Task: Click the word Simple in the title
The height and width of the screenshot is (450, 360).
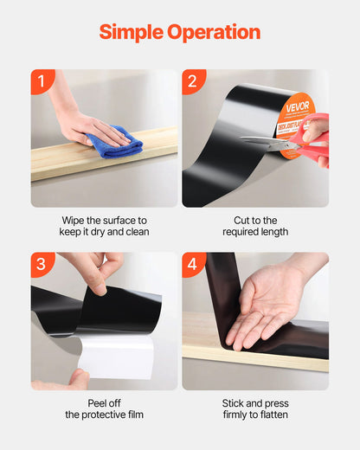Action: (x=131, y=32)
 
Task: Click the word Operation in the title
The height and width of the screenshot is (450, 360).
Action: (x=214, y=32)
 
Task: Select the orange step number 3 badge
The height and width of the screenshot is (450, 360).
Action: (x=42, y=264)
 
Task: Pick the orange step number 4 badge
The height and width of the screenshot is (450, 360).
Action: (x=193, y=264)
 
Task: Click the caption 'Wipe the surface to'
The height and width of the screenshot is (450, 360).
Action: (x=105, y=220)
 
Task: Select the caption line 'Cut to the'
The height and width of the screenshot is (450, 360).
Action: (x=255, y=220)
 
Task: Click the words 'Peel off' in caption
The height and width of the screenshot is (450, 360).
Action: (x=105, y=403)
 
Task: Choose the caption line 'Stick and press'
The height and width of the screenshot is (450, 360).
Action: (x=255, y=403)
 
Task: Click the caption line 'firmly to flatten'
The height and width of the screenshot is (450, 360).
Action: (x=255, y=415)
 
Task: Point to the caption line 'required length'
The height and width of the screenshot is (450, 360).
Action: (x=255, y=232)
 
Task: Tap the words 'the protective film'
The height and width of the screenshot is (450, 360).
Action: (x=105, y=415)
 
